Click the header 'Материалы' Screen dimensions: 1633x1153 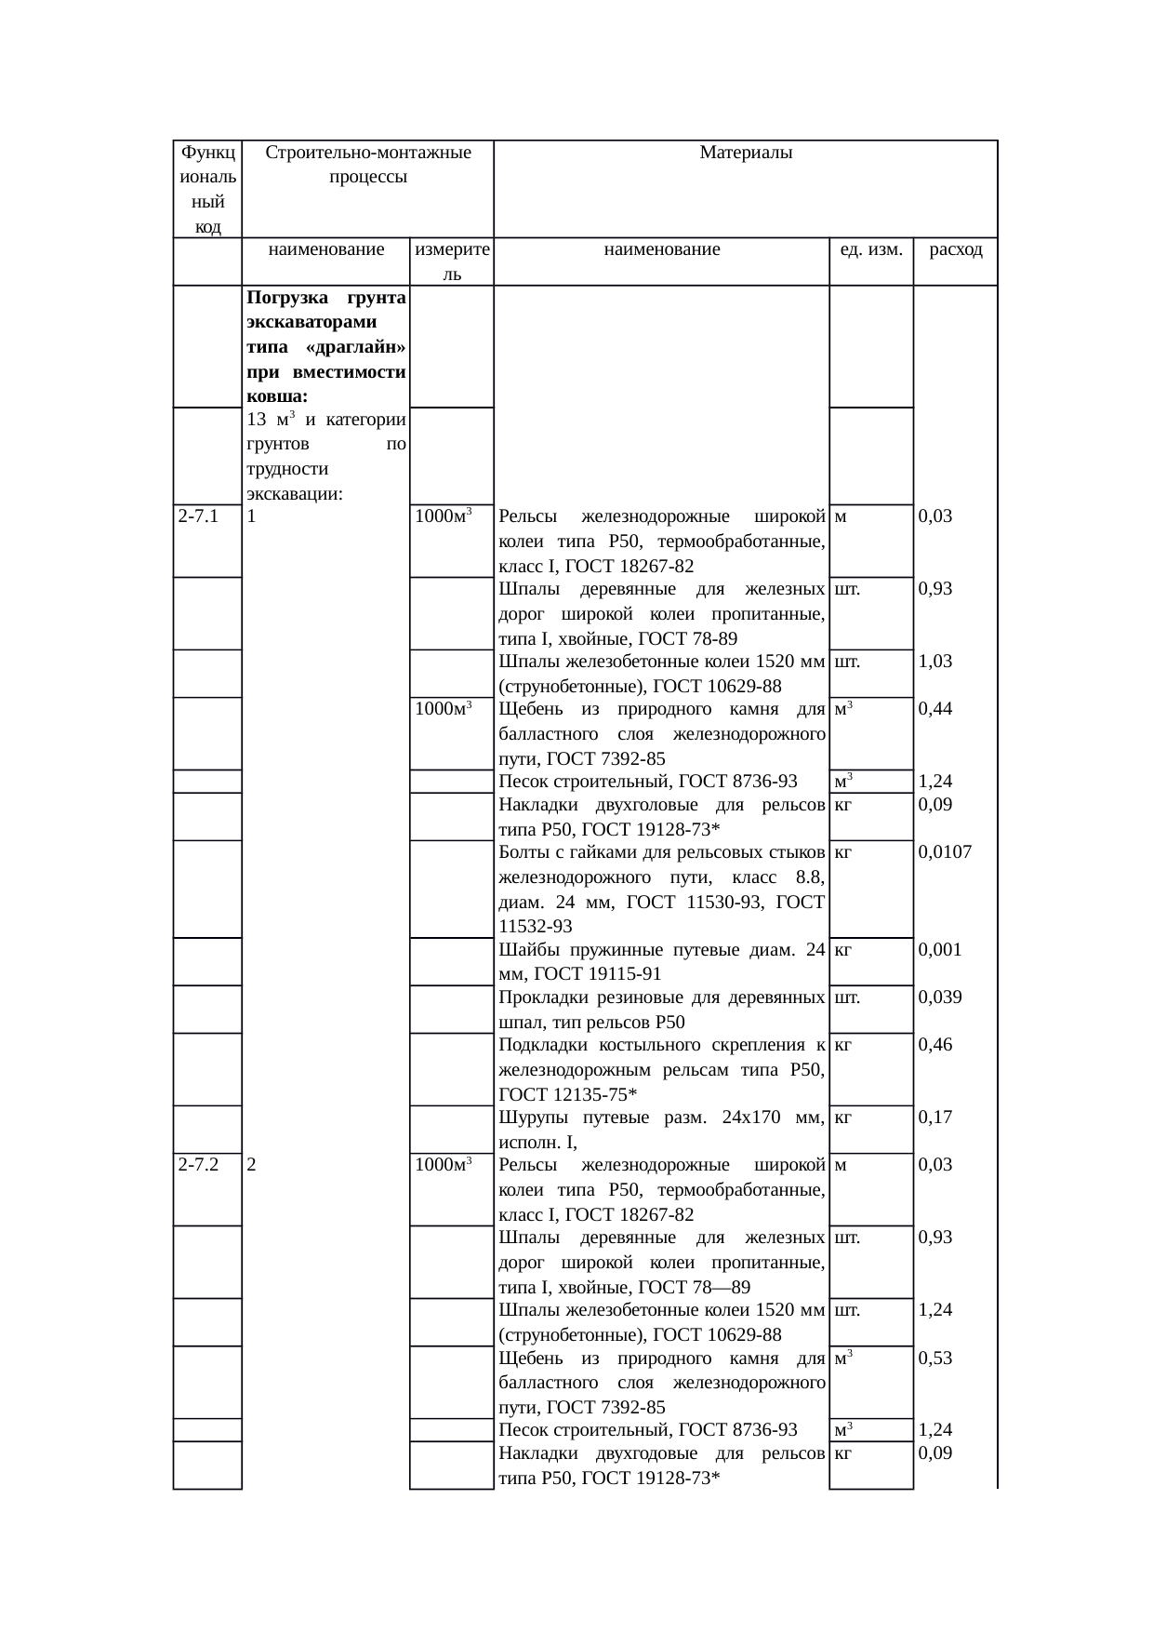pos(745,153)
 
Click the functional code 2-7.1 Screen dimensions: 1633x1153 pos(197,516)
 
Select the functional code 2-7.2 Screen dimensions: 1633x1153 pos(197,1165)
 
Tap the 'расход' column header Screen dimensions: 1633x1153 pos(955,249)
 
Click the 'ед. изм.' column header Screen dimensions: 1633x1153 pos(870,249)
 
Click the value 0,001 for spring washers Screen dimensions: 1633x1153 pos(939,950)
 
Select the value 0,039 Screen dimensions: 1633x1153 pos(939,997)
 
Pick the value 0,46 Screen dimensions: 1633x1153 pos(934,1045)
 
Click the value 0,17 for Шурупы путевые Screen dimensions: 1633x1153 pos(934,1118)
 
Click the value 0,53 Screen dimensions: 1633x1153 pos(934,1358)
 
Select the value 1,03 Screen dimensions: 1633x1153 pos(934,662)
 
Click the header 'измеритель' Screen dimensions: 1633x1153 pos(452,261)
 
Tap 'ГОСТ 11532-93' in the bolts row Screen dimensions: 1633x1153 pos(535,926)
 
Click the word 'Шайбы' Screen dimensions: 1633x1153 pos(523,950)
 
